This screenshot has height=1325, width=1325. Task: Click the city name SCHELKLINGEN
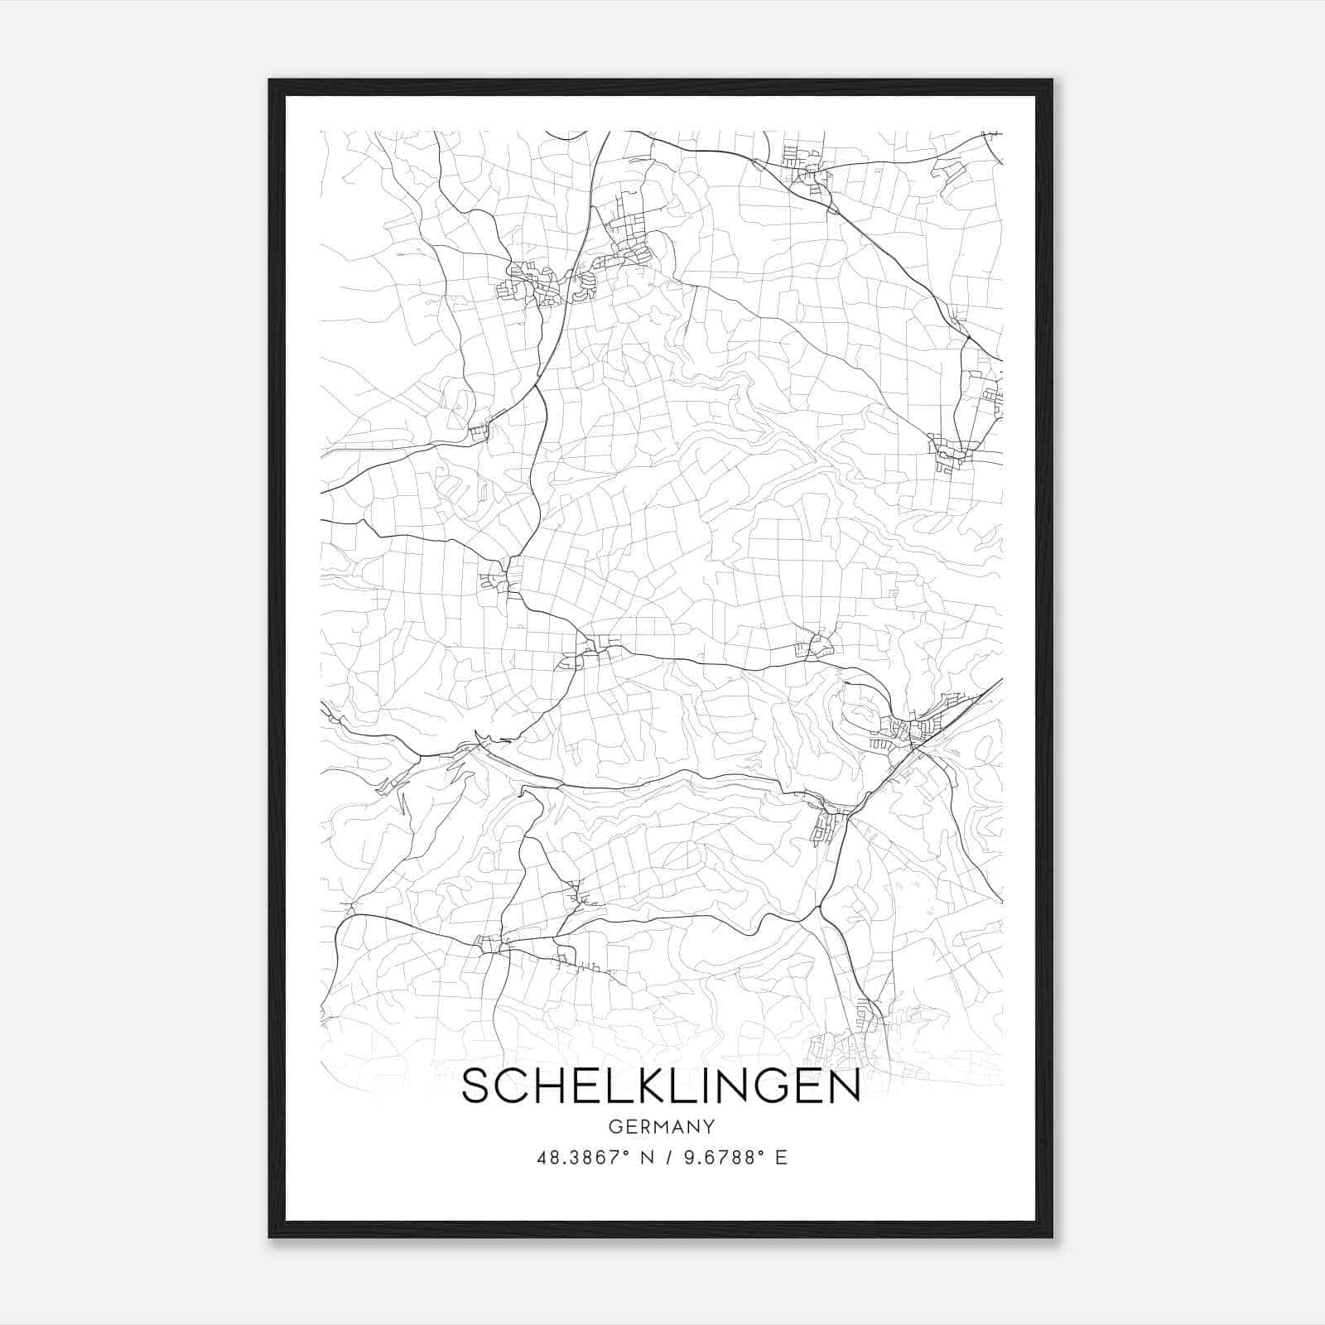[x=661, y=1086]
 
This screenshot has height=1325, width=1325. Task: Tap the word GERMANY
[x=662, y=1127]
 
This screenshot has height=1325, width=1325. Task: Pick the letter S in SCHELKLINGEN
[x=477, y=1086]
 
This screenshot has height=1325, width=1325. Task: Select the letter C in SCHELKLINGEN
[x=512, y=1086]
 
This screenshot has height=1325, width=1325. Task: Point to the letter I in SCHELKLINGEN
[x=706, y=1086]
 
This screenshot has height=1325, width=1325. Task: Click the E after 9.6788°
[x=781, y=1158]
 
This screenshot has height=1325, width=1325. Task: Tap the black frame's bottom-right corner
[x=1052, y=1236]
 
